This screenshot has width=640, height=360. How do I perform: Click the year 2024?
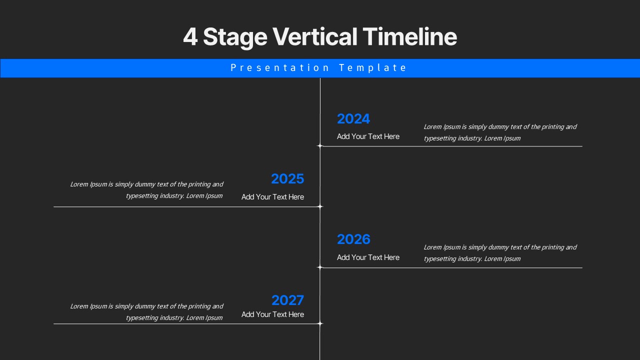[353, 119]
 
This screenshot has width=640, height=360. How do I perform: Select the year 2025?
[287, 179]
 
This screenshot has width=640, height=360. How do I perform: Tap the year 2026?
[353, 239]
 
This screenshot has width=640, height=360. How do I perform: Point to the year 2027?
[287, 300]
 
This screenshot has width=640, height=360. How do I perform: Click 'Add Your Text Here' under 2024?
[368, 136]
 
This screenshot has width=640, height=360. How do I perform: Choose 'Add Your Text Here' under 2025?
[272, 197]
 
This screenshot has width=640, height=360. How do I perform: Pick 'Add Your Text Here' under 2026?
[368, 257]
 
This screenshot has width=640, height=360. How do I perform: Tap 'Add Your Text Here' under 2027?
[272, 314]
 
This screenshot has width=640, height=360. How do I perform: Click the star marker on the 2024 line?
[320, 146]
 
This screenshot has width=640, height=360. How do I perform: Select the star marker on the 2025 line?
[320, 206]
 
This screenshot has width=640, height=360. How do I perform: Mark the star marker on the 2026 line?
[320, 267]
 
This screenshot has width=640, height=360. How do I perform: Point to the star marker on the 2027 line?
[320, 323]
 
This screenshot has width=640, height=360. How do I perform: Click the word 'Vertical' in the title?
[314, 37]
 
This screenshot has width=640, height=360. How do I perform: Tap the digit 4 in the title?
[190, 37]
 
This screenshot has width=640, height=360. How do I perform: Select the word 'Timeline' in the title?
[409, 37]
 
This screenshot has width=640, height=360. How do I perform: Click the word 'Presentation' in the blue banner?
[280, 68]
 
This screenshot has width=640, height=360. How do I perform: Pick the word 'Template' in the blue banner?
[372, 68]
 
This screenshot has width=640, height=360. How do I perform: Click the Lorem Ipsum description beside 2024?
[500, 132]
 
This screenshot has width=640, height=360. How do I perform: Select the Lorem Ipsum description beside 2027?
[146, 312]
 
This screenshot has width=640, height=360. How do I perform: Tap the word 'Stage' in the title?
[235, 37]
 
